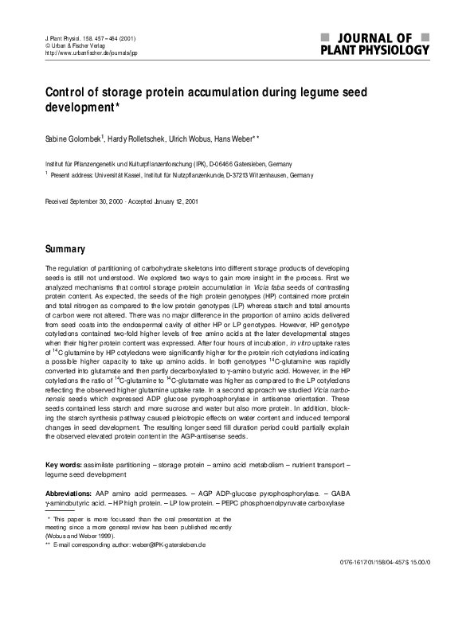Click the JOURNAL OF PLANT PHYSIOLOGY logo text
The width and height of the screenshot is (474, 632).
coord(374,44)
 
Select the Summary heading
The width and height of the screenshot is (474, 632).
coord(66,249)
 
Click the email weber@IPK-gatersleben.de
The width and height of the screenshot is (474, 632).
coord(163,544)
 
